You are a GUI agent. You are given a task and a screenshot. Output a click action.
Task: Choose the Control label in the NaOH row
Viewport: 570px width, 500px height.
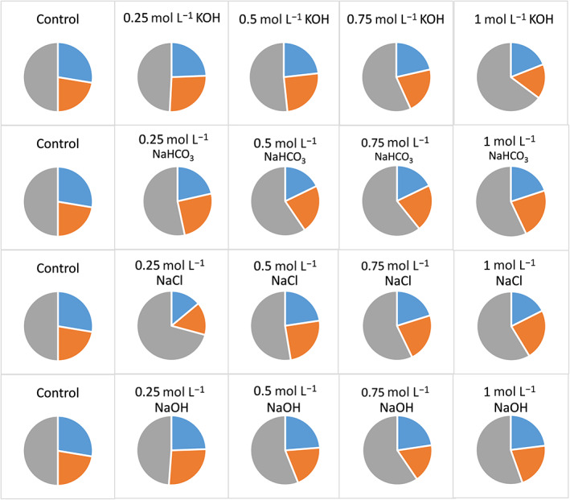point(57,394)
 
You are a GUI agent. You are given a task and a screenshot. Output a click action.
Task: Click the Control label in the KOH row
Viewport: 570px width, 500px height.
point(57,15)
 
